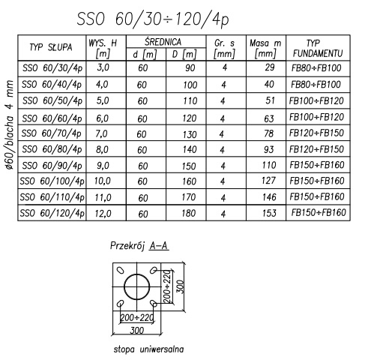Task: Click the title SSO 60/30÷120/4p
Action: click(153, 19)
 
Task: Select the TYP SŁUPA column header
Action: click(51, 47)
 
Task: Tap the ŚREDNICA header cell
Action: click(163, 42)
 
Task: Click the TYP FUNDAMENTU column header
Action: click(318, 48)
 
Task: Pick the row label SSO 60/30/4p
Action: click(52, 68)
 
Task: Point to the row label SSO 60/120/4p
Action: click(52, 213)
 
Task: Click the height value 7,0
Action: click(101, 133)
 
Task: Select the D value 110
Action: click(190, 101)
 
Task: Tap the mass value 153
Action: click(269, 213)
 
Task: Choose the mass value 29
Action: click(270, 67)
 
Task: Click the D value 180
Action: click(188, 213)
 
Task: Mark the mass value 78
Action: click(268, 133)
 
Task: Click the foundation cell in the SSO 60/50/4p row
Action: click(316, 100)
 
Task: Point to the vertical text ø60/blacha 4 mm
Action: click(10, 125)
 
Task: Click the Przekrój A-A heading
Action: click(139, 246)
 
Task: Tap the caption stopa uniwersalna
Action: click(148, 349)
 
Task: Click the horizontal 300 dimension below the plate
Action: click(137, 330)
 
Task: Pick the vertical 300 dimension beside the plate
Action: click(181, 286)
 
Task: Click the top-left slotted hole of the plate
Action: click(121, 270)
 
